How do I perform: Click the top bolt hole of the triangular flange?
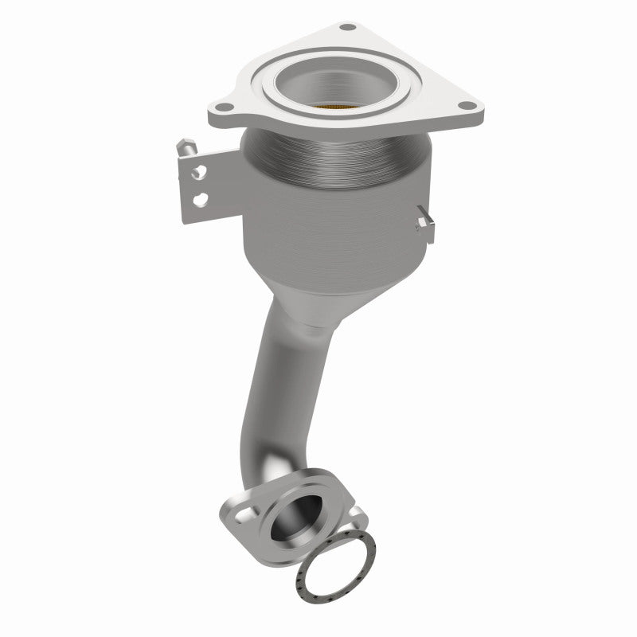(x=348, y=29)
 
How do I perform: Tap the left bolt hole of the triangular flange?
(x=225, y=108)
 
